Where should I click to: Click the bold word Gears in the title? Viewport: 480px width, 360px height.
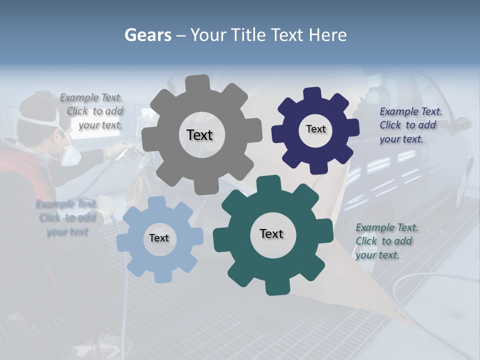[147, 35]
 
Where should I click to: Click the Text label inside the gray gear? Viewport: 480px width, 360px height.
[199, 135]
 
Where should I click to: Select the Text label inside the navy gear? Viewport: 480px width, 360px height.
[315, 129]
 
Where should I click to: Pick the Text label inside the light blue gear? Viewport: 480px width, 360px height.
[159, 238]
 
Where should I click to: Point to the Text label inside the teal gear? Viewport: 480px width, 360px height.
[271, 233]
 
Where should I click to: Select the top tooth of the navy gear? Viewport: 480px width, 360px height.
[312, 94]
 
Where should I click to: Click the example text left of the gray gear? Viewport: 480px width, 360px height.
[92, 111]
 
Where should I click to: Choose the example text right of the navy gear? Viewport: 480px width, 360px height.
[410, 125]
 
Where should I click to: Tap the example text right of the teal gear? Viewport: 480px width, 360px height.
[386, 241]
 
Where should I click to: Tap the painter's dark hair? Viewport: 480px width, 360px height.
[37, 105]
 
